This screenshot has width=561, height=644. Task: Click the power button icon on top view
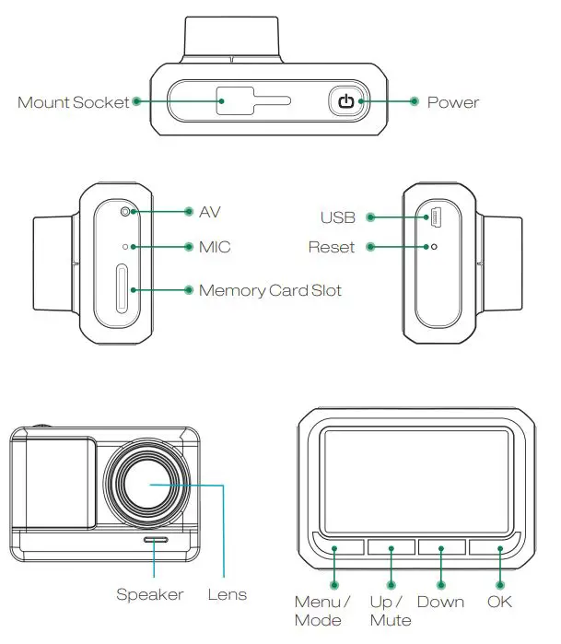pyautogui.click(x=345, y=101)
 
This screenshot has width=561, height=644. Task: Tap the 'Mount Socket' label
pyautogui.click(x=74, y=102)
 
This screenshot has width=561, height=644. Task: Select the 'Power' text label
pyautogui.click(x=452, y=102)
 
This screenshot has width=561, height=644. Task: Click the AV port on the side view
pyautogui.click(x=125, y=212)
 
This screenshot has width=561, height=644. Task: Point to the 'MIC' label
pyautogui.click(x=215, y=247)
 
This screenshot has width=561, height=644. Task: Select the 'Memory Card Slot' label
pyautogui.click(x=270, y=291)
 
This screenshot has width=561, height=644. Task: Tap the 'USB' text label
pyautogui.click(x=337, y=218)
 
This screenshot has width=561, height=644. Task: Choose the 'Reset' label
pyautogui.click(x=331, y=247)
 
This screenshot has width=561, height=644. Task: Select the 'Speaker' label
pyautogui.click(x=149, y=594)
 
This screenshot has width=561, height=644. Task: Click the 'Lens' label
pyautogui.click(x=227, y=594)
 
